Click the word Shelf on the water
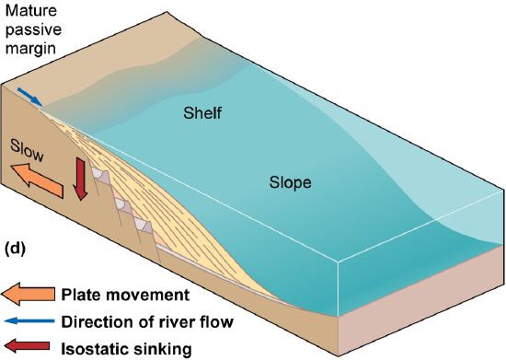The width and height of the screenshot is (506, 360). point(202,113)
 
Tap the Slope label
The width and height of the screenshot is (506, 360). point(291,182)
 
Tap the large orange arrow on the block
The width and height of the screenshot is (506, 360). point(37,180)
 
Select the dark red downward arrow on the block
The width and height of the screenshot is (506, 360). point(80,177)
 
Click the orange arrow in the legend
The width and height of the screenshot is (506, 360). point(24,295)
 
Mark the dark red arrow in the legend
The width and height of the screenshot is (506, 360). point(24,347)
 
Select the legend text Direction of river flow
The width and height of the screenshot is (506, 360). point(146,321)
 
